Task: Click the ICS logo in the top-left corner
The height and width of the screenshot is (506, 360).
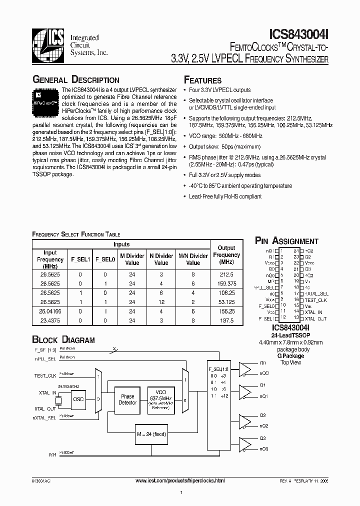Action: [49, 42]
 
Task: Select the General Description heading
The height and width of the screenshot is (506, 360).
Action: [75, 80]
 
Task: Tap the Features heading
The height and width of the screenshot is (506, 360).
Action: [202, 80]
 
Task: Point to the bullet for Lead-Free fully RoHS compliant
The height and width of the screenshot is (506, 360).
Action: [185, 196]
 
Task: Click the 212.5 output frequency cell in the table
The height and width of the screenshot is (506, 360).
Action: [226, 274]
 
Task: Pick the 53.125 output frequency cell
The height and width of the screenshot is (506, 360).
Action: [226, 302]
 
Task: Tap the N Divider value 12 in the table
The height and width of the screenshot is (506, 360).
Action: [161, 302]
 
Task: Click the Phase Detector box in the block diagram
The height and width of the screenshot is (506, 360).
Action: [127, 399]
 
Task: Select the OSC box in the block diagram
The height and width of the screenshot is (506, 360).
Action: [78, 399]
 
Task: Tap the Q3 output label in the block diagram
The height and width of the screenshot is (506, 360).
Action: [263, 438]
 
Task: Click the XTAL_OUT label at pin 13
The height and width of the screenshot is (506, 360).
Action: [315, 318]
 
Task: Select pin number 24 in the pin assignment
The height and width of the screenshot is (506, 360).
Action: [296, 250]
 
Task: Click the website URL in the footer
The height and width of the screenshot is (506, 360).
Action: [180, 480]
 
